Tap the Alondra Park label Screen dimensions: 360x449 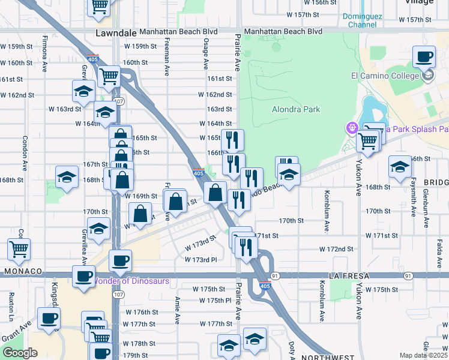point(296,109)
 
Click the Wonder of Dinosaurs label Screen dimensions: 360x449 point(131,281)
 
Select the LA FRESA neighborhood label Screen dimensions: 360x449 point(347,275)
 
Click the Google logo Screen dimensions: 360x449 point(20,353)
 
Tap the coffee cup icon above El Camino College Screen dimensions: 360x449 point(424,57)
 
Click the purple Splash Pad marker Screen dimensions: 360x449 point(351,128)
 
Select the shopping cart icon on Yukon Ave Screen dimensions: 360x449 point(367,142)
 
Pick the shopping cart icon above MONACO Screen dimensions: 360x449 point(19,248)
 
